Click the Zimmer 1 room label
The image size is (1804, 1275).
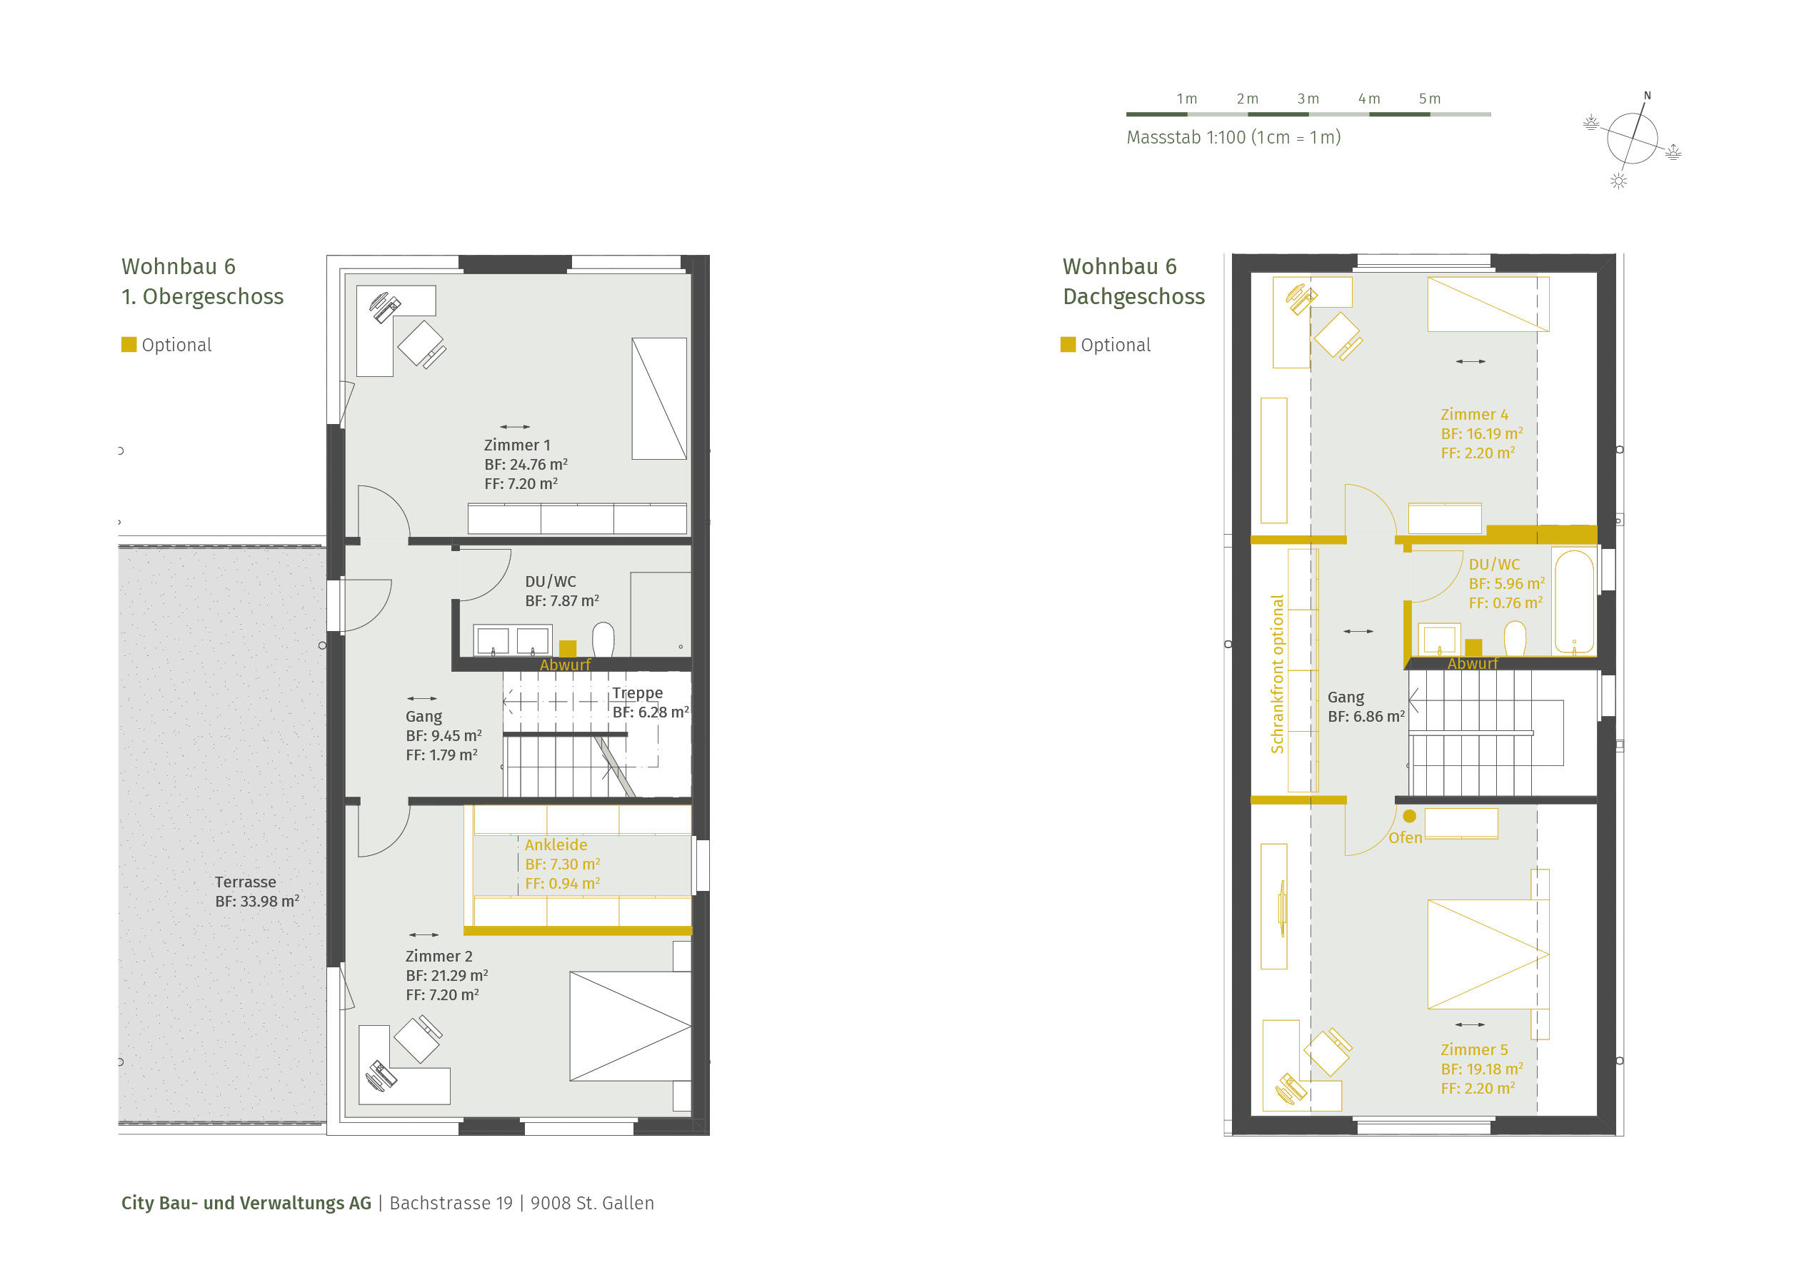[x=517, y=445]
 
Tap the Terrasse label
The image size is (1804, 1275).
[x=245, y=882]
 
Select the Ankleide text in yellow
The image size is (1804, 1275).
[x=556, y=845]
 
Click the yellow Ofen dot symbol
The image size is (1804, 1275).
[x=1409, y=815]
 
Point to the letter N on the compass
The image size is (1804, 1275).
[x=1647, y=96]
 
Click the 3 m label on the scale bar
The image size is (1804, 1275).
[x=1308, y=99]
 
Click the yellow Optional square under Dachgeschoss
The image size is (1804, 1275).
[x=1068, y=344]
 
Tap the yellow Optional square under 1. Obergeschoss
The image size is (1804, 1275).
[x=129, y=344]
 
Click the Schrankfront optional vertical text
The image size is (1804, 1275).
[x=1277, y=674]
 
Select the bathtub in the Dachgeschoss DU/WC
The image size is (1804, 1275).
[x=1574, y=602]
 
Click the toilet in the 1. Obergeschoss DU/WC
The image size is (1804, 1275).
[x=603, y=640]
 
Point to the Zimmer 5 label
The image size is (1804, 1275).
[x=1474, y=1049]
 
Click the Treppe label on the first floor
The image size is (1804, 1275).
[x=637, y=693]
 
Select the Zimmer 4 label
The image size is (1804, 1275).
[x=1474, y=414]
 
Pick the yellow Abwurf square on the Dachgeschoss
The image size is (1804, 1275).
[x=1473, y=647]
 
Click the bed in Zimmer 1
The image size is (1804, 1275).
[x=658, y=398]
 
